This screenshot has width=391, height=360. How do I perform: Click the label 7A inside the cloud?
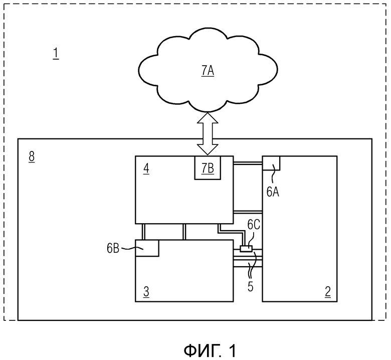click(208, 71)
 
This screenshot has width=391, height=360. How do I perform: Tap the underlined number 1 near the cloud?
click(56, 53)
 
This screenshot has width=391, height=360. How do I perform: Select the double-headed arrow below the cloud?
click(208, 133)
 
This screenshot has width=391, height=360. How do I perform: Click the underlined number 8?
click(32, 157)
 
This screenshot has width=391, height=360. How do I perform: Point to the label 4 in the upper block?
click(146, 169)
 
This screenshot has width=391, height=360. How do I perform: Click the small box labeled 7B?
click(208, 167)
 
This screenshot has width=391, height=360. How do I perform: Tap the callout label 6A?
click(273, 192)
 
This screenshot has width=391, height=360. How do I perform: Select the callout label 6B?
click(113, 249)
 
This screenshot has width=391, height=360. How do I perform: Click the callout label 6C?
click(254, 225)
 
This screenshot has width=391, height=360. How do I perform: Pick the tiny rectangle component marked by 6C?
click(246, 249)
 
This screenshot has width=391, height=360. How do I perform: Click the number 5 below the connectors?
click(250, 287)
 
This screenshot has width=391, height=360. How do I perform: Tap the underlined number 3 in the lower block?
click(146, 292)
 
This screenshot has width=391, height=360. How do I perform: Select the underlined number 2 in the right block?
click(328, 292)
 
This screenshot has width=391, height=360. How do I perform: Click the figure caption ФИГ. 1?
click(210, 350)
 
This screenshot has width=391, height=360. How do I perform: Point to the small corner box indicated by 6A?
click(271, 163)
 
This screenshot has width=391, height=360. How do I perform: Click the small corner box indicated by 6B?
click(147, 248)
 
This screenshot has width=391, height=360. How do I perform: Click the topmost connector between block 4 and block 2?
click(248, 163)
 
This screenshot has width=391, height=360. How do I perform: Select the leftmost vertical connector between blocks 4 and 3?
click(143, 232)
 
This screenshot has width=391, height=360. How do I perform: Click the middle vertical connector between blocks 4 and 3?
click(184, 232)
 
